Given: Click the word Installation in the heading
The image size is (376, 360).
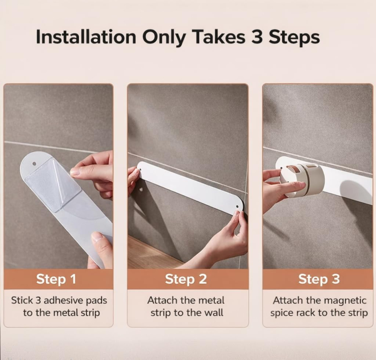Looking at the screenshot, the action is click(86, 36).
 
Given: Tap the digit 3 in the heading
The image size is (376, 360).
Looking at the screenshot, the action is click(257, 36).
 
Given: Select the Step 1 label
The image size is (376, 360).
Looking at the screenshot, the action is click(56, 279).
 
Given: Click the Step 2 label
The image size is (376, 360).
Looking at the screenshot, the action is click(186, 279).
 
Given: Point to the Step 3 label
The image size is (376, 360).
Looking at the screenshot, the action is click(319, 279).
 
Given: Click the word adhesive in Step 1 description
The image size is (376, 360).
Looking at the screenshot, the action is click(63, 300).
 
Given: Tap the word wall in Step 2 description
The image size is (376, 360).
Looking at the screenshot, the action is click(214, 313).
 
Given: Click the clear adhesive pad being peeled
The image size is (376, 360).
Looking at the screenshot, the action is click(54, 183).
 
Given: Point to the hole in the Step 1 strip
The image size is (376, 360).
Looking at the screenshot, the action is click(34, 164).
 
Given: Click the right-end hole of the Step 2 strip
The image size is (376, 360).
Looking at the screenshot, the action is click(237, 206).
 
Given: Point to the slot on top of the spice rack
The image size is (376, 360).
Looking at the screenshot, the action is click(312, 166).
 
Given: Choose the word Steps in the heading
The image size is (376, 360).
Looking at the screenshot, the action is click(294, 38).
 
